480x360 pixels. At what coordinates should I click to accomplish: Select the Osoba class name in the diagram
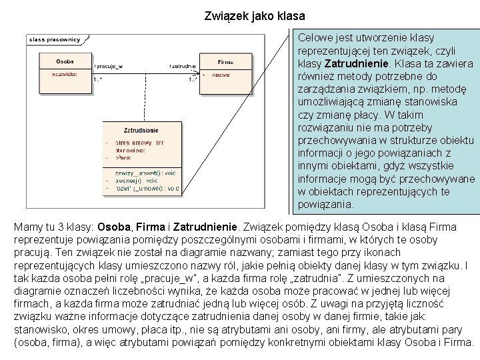65,61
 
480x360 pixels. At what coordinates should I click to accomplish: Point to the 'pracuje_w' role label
113,66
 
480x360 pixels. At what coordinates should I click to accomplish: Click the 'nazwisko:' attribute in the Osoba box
65,75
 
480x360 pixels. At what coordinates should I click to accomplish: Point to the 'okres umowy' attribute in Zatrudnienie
139,143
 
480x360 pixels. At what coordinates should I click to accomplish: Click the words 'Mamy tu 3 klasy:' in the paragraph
54,227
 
